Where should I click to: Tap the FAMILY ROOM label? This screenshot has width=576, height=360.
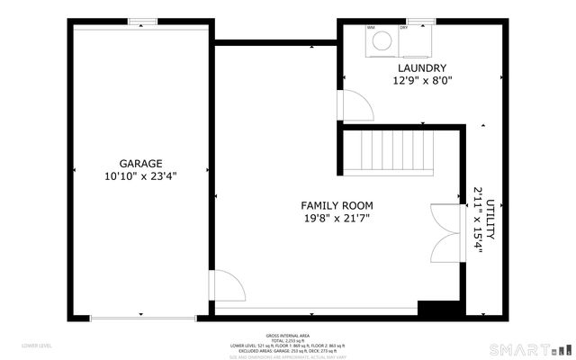click(337, 205)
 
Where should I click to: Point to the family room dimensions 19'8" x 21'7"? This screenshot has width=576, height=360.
click(337, 218)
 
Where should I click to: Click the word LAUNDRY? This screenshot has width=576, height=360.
click(422, 68)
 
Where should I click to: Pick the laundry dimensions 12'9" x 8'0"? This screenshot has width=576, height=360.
click(422, 80)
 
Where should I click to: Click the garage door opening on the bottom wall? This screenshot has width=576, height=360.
click(141, 317)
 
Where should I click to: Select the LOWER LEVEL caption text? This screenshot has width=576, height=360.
click(36, 346)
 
